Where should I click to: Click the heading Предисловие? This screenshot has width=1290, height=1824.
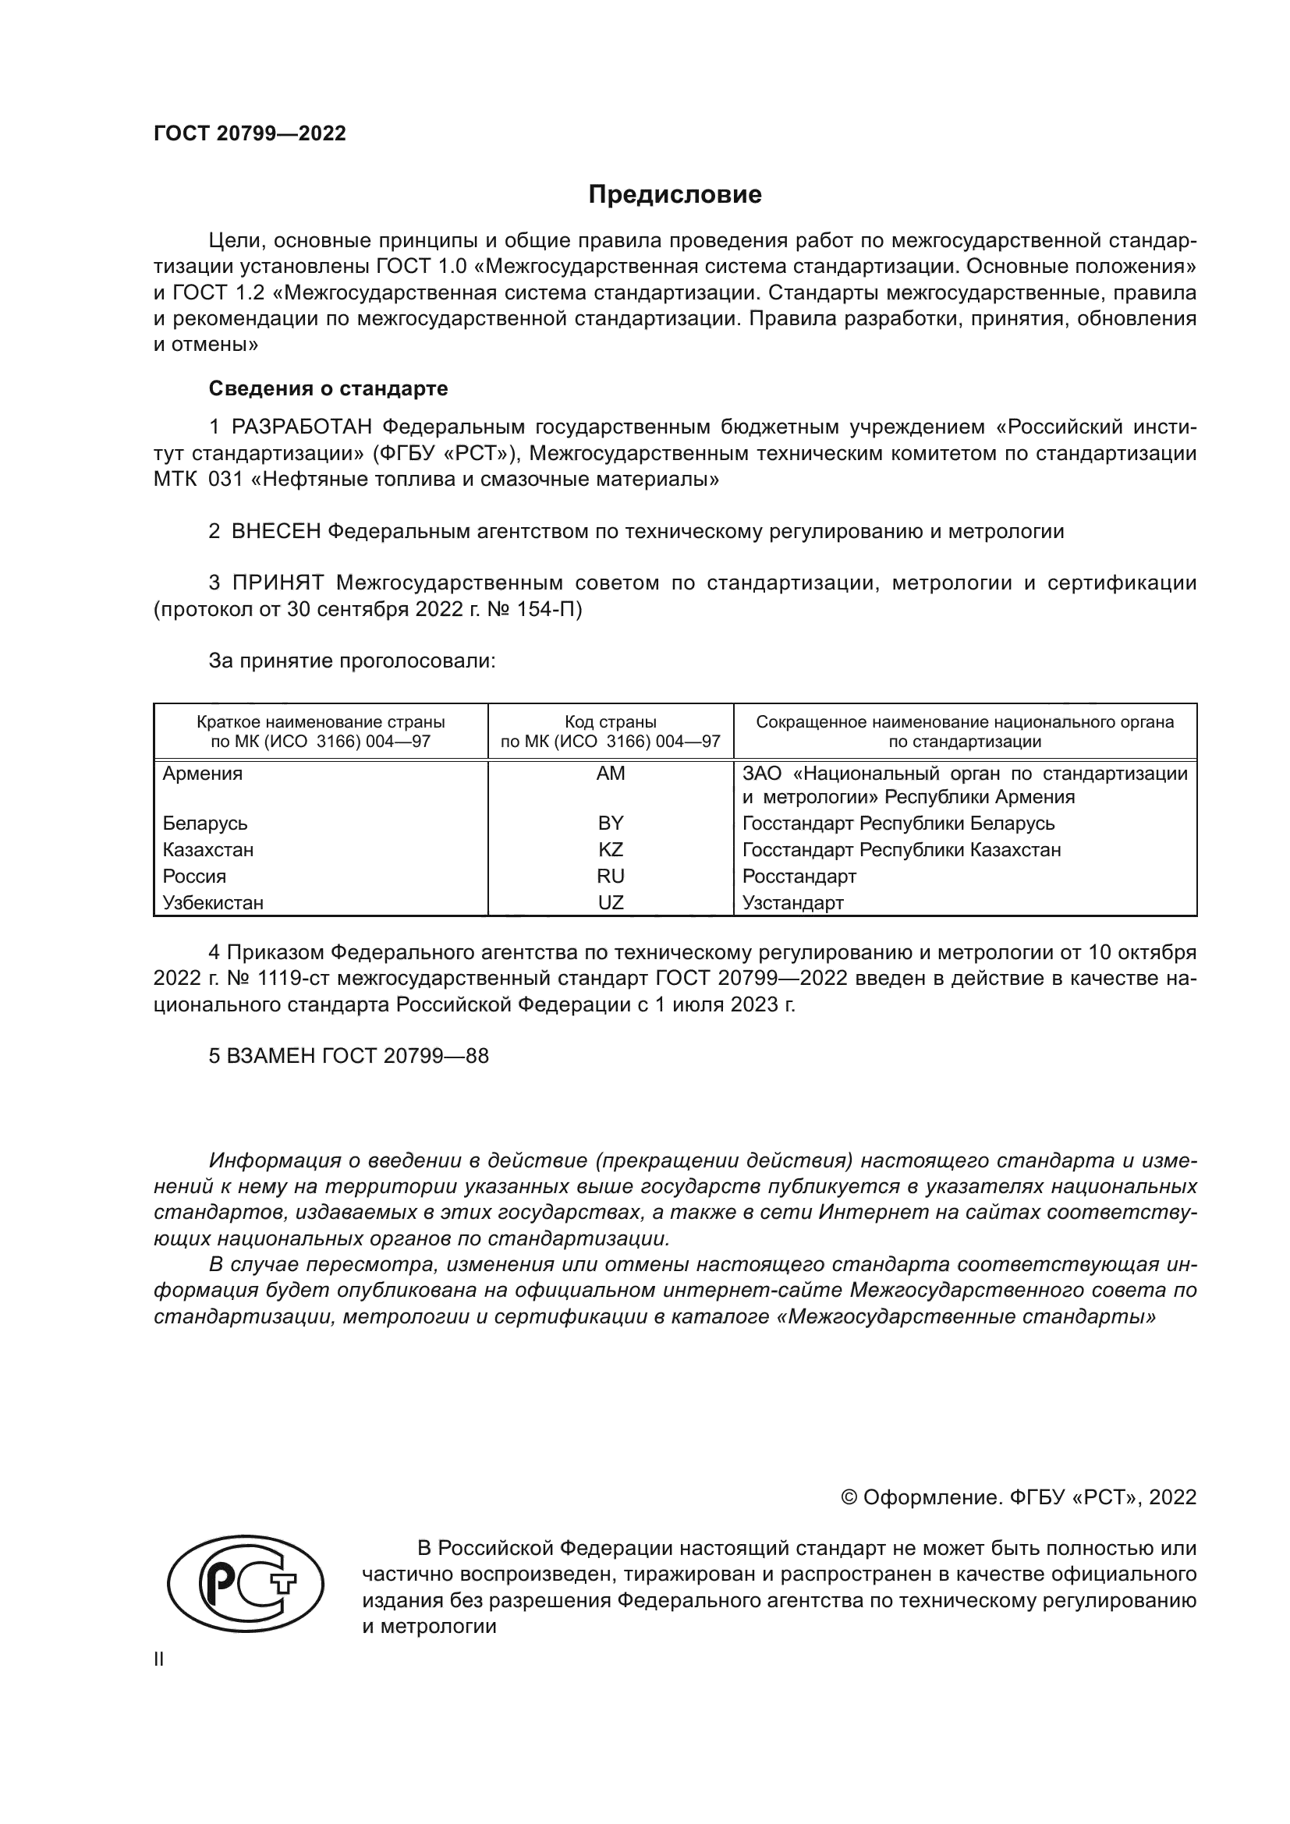(x=675, y=195)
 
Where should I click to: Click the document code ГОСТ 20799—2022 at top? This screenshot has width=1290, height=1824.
(x=250, y=133)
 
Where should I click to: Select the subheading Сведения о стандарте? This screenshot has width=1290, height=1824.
(x=328, y=388)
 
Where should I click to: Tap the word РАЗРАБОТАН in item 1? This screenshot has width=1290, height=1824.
(x=301, y=427)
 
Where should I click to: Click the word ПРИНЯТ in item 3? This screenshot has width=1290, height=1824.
(x=277, y=583)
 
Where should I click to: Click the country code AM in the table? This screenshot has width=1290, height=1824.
(x=610, y=774)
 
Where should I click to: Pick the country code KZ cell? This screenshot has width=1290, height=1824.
(x=610, y=850)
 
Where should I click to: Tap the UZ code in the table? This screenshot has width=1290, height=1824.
(x=610, y=903)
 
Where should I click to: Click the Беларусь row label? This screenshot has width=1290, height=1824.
(x=205, y=823)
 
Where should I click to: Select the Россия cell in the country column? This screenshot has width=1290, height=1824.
(x=195, y=877)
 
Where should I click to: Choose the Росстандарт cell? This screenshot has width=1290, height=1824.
(x=799, y=877)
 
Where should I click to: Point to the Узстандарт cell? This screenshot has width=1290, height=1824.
(x=792, y=903)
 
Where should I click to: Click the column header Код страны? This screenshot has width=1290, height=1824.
(x=610, y=722)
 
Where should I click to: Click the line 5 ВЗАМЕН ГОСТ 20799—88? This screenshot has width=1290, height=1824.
(x=349, y=1056)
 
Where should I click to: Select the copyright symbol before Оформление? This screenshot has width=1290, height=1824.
(x=849, y=1497)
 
